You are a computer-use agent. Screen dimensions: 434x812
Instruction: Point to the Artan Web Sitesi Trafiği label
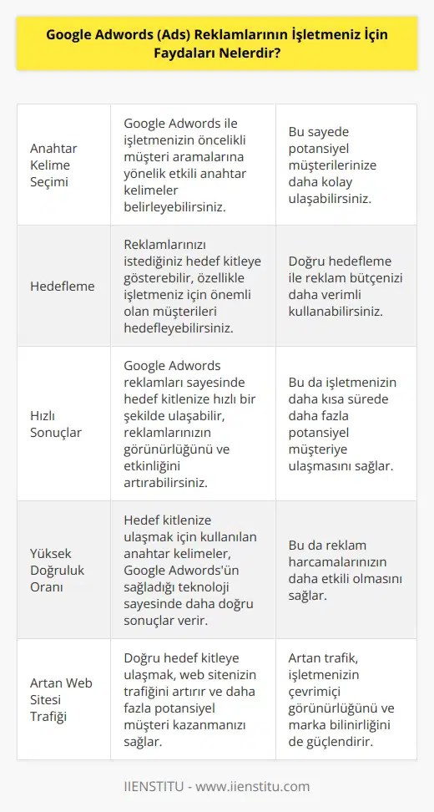pos(58,700)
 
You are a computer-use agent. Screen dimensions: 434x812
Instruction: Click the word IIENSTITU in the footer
pos(154,786)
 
